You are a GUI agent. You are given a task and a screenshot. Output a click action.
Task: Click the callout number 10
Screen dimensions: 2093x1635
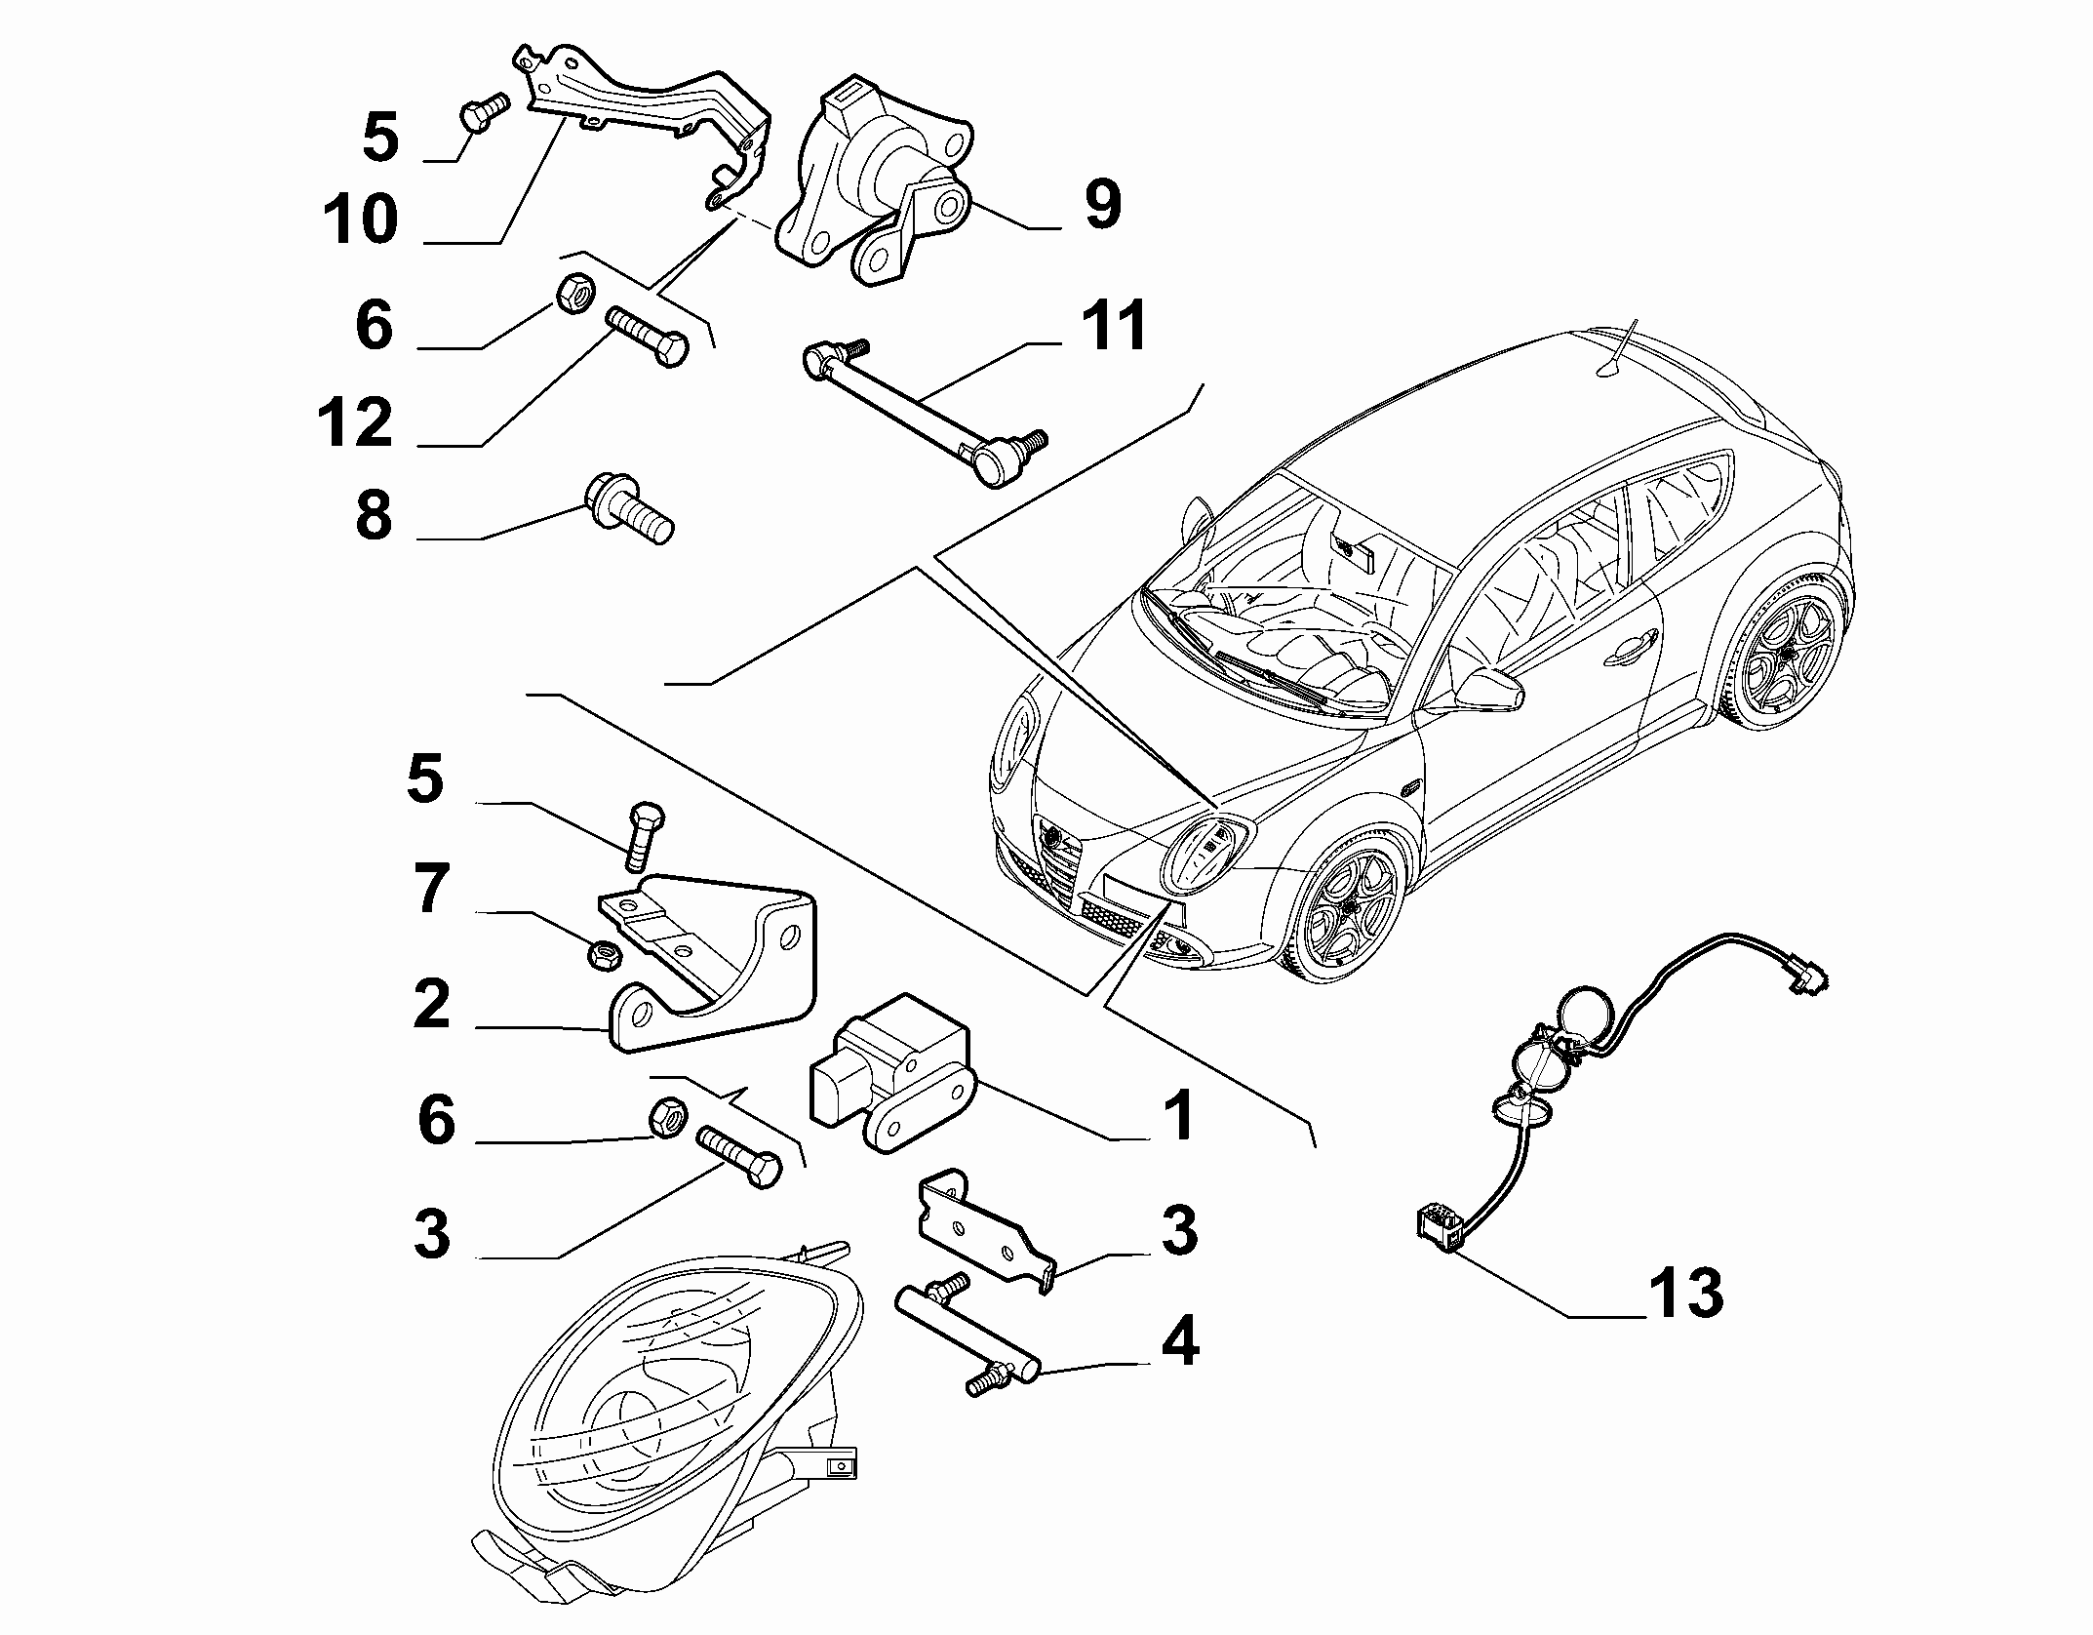[361, 219]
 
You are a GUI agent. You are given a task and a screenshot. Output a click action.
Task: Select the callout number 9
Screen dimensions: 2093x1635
[1102, 205]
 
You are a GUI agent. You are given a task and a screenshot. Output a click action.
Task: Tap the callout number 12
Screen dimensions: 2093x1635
[354, 423]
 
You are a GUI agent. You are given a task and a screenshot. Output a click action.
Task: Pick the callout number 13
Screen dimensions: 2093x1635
[1685, 1293]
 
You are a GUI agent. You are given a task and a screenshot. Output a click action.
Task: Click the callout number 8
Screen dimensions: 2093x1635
[374, 515]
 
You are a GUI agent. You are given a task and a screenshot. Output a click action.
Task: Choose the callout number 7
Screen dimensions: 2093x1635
[431, 890]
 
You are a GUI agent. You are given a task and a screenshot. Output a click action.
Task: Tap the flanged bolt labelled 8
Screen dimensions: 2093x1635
[628, 506]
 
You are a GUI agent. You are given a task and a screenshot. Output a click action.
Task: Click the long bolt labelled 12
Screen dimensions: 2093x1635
[647, 336]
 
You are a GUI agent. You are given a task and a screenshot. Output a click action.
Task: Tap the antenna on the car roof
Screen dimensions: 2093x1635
[1621, 346]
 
